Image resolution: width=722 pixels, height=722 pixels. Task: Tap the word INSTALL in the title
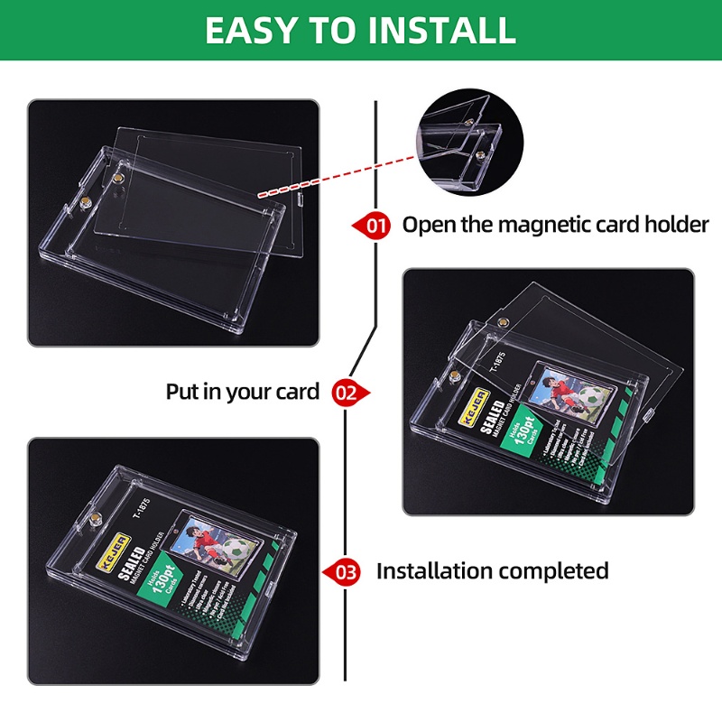click(439, 30)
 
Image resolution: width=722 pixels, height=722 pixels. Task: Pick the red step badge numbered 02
click(347, 392)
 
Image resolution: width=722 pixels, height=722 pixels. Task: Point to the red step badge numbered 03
click(347, 571)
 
